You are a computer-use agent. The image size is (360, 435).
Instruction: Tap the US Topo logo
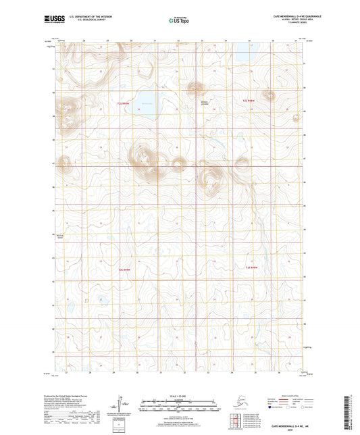coord(180,20)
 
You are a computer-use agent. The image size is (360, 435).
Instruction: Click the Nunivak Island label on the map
coord(60,236)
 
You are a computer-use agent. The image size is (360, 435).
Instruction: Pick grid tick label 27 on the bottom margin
coord(66,371)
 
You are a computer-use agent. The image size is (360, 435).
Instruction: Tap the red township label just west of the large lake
coord(123,103)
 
